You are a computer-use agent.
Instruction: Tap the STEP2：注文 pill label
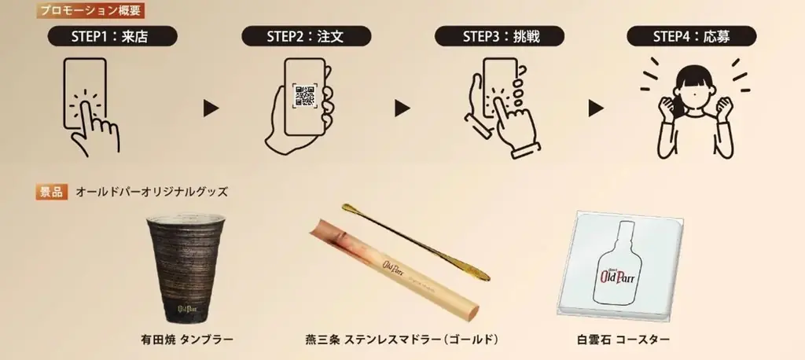click(x=303, y=36)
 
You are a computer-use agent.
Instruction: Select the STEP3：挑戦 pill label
click(x=497, y=36)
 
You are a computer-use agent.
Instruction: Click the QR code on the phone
click(x=304, y=97)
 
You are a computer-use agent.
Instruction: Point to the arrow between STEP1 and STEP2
click(x=211, y=108)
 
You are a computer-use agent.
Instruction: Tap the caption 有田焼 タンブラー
click(x=186, y=340)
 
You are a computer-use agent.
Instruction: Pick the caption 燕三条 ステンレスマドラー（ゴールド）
click(x=402, y=340)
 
